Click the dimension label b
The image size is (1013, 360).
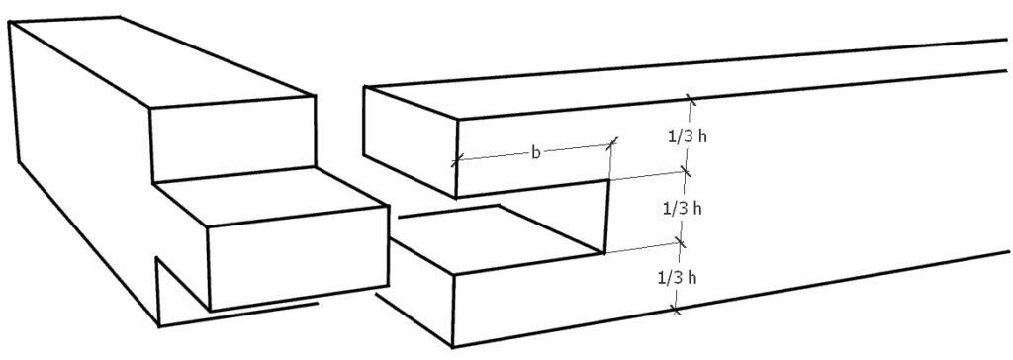point(535,153)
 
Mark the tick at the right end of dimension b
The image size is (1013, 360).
point(613,143)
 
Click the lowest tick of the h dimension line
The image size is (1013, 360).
point(675,311)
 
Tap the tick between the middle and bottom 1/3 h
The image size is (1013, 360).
point(681,241)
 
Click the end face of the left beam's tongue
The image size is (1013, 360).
point(297,258)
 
